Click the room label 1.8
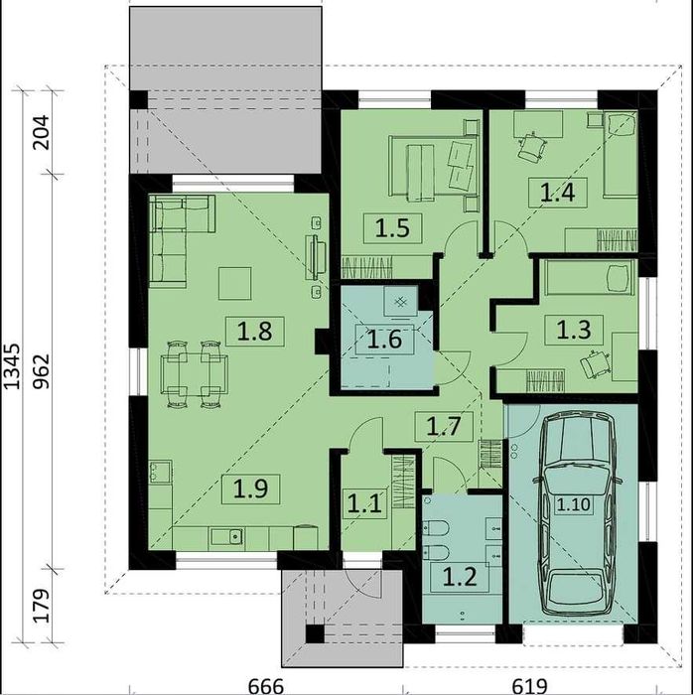(x=254, y=332)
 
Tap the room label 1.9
(x=251, y=488)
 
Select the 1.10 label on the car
(x=574, y=504)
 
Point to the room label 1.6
(x=384, y=340)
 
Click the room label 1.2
(x=460, y=577)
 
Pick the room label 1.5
(x=392, y=228)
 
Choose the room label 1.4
(x=557, y=193)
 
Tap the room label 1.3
(x=574, y=330)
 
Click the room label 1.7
(x=444, y=426)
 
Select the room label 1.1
(x=364, y=503)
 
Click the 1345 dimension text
(x=12, y=366)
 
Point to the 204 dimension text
(x=42, y=132)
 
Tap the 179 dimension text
(x=42, y=606)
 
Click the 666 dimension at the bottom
(x=265, y=687)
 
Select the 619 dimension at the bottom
(x=529, y=687)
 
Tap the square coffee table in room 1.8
(x=235, y=283)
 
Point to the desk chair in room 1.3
(x=592, y=362)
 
